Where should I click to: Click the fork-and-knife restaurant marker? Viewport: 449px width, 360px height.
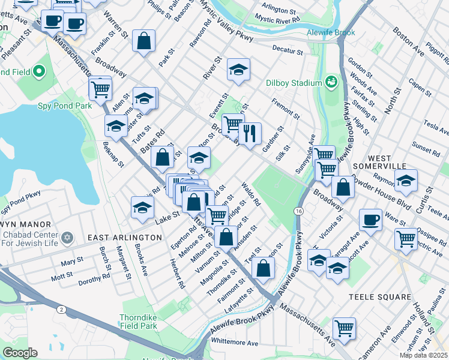coord(250,133)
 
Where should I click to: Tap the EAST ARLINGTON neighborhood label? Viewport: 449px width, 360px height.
coord(125,238)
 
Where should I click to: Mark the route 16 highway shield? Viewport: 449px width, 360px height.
coord(298,211)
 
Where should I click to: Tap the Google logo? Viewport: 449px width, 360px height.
coord(19,353)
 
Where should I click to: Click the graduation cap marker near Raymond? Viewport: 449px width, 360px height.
coord(406,179)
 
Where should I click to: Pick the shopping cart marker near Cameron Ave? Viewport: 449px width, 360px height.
coord(344,327)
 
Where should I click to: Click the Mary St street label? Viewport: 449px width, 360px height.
coord(71,262)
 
